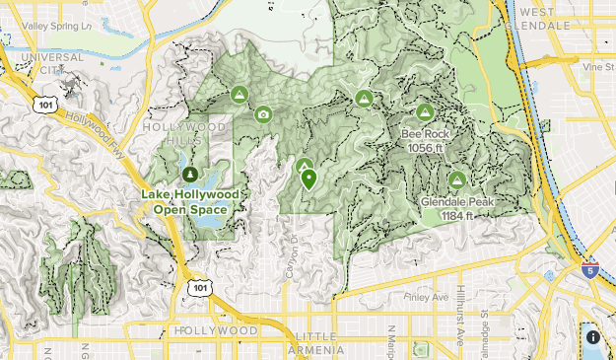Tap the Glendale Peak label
(456, 208)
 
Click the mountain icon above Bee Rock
(426, 112)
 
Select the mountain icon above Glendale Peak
(456, 180)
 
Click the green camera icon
(263, 114)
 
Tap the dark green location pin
(309, 180)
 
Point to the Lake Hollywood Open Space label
(189, 201)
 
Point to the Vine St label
(597, 67)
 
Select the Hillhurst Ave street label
(459, 327)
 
